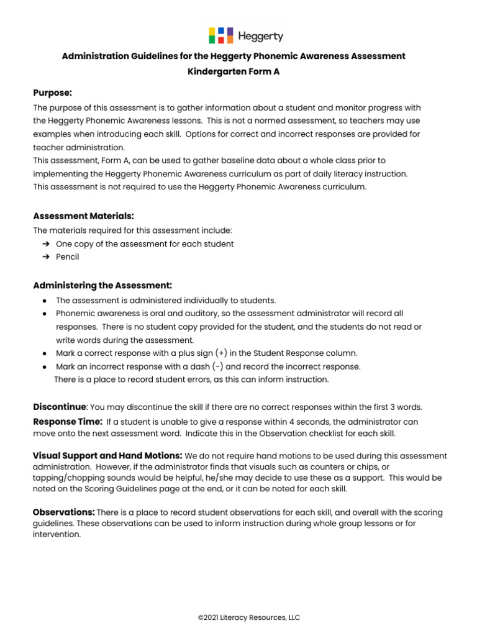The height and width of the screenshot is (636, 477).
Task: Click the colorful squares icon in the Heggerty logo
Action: [220, 35]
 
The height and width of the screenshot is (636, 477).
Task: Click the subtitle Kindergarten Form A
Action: [234, 71]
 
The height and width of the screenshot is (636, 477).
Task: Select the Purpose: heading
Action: [53, 93]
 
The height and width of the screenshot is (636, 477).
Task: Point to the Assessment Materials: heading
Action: [83, 216]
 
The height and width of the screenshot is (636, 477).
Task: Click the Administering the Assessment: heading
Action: [102, 285]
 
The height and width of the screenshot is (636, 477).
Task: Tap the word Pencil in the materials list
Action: [68, 257]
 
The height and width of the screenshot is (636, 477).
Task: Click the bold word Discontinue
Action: [59, 407]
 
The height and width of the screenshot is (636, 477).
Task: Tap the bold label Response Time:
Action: [68, 422]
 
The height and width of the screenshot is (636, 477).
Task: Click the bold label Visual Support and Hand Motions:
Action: [107, 456]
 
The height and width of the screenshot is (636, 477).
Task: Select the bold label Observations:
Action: [63, 512]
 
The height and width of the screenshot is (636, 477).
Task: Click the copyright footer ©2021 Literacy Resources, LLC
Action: [249, 617]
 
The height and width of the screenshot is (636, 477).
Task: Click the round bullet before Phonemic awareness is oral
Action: [45, 314]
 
